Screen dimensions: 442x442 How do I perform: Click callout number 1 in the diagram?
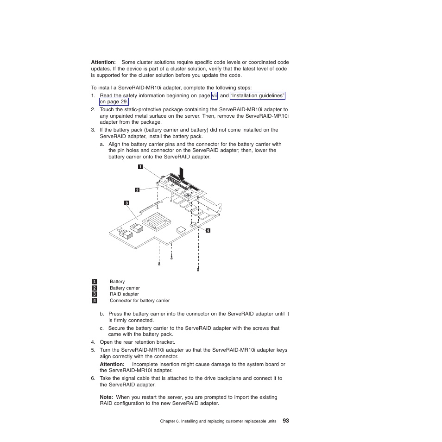tap(139, 167)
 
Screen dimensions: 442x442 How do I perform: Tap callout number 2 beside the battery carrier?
tap(137, 190)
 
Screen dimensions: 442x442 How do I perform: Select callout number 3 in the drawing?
tap(126, 203)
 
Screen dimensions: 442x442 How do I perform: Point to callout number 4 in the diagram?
tap(208, 230)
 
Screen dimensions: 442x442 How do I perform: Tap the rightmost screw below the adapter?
tap(198, 269)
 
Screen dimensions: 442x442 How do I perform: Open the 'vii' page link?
tap(214, 96)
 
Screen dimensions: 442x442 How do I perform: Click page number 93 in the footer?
tap(285, 421)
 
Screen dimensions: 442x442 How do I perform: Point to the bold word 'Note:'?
tap(107, 397)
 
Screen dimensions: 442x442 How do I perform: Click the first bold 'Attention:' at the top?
tap(103, 62)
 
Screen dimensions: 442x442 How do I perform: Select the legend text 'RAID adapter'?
tap(124, 294)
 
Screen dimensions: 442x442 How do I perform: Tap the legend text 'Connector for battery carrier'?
tap(139, 301)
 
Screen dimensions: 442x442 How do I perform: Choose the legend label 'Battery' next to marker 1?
tap(117, 282)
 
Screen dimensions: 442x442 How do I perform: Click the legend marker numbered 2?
tap(95, 288)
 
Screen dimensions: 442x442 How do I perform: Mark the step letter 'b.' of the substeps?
tap(102, 314)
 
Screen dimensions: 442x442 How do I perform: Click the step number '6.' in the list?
tap(93, 378)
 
